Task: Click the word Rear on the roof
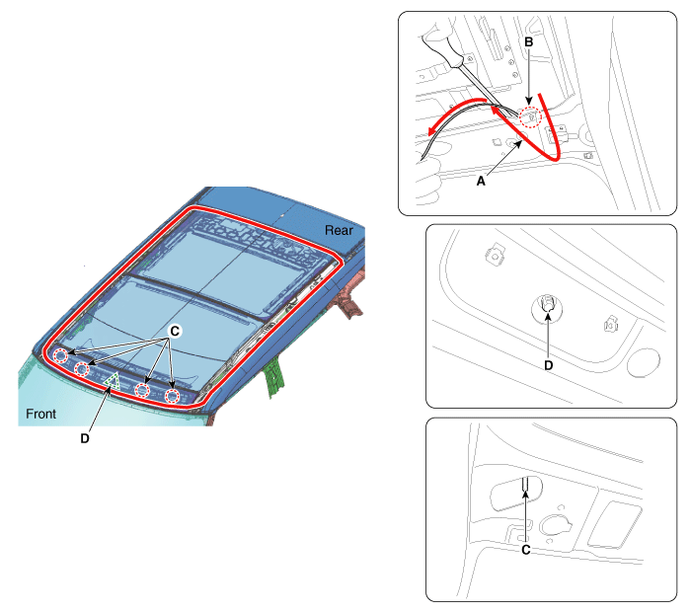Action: click(x=339, y=230)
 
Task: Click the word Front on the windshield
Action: click(x=41, y=414)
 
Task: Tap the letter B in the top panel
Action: click(x=529, y=41)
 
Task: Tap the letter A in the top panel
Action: click(x=481, y=181)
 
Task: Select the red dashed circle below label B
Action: click(x=530, y=117)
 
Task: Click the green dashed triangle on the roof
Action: click(x=113, y=382)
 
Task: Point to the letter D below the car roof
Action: click(x=85, y=438)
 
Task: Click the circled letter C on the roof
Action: click(x=175, y=331)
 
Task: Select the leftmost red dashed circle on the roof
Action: click(x=61, y=355)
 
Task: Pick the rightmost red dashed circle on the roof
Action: click(x=173, y=396)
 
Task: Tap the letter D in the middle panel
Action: click(x=548, y=365)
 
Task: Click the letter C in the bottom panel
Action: click(x=526, y=550)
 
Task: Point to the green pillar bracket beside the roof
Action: click(x=274, y=377)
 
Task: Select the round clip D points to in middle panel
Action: click(x=547, y=307)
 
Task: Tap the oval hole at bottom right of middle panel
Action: click(x=644, y=362)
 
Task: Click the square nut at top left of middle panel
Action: click(x=496, y=255)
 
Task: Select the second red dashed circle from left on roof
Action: click(x=82, y=368)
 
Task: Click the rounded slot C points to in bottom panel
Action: click(x=516, y=493)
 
